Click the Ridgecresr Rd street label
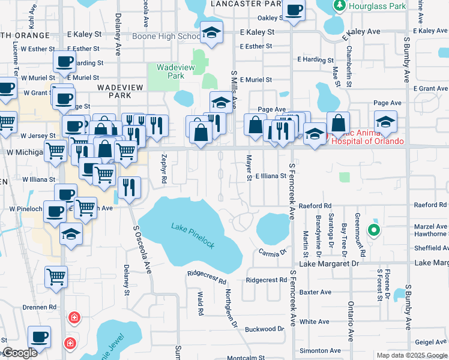(x=207, y=277)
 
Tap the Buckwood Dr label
(x=264, y=329)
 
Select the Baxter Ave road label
(x=315, y=293)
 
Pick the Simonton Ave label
(x=321, y=350)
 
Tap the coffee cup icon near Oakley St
(x=294, y=11)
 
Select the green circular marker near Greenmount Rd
(x=374, y=229)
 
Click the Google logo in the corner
(x=20, y=353)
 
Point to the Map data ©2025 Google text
(x=412, y=355)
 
